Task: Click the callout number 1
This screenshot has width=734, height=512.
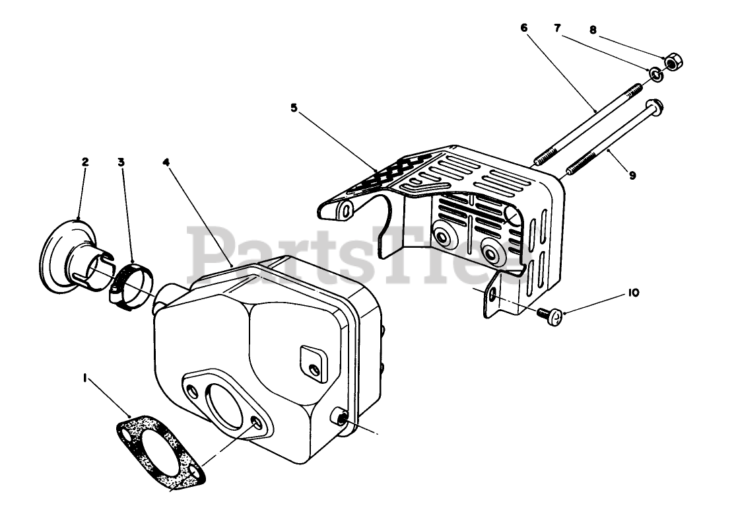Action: [x=84, y=378]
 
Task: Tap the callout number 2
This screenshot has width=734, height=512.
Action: [x=85, y=161]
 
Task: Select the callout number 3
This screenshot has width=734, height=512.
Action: [x=121, y=161]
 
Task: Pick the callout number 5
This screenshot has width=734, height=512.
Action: [x=294, y=106]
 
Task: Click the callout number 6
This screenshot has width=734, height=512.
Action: [x=524, y=28]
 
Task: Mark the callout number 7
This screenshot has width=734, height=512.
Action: [x=557, y=28]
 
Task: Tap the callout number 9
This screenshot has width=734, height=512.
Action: [x=632, y=176]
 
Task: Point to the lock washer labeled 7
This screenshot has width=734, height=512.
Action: [x=656, y=74]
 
